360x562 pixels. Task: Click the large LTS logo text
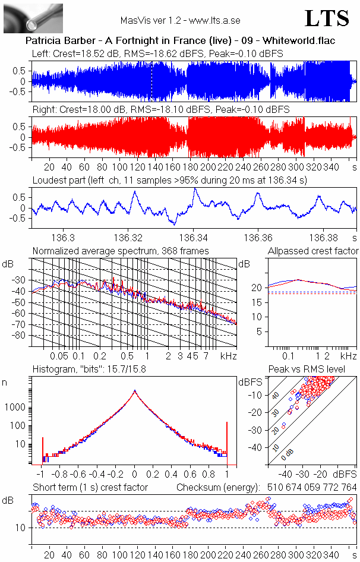(326, 18)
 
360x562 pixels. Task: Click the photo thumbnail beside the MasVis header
(25, 18)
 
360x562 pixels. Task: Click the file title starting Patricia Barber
(181, 41)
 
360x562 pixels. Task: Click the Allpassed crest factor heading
(313, 251)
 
